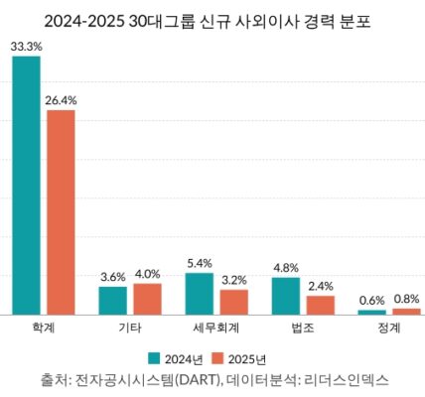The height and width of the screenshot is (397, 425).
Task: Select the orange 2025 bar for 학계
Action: click(61, 212)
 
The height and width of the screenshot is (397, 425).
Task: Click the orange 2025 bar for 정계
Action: click(406, 312)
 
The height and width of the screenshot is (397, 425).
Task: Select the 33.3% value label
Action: click(26, 46)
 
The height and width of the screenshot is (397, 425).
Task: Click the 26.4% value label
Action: click(62, 99)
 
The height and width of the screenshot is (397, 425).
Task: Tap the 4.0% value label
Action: click(147, 273)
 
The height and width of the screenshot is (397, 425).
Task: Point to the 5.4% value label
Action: click(199, 263)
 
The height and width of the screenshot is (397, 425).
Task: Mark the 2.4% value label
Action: click(320, 286)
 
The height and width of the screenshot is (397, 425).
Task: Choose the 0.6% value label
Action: click(371, 300)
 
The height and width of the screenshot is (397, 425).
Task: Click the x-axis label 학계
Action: click(43, 327)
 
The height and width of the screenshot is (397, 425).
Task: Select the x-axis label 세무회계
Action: click(215, 327)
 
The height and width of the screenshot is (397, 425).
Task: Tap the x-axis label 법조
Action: click(302, 327)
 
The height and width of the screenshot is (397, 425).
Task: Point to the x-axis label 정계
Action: click(388, 327)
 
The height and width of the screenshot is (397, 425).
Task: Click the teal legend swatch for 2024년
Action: click(155, 357)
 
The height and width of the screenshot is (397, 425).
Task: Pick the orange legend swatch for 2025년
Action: click(220, 357)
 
